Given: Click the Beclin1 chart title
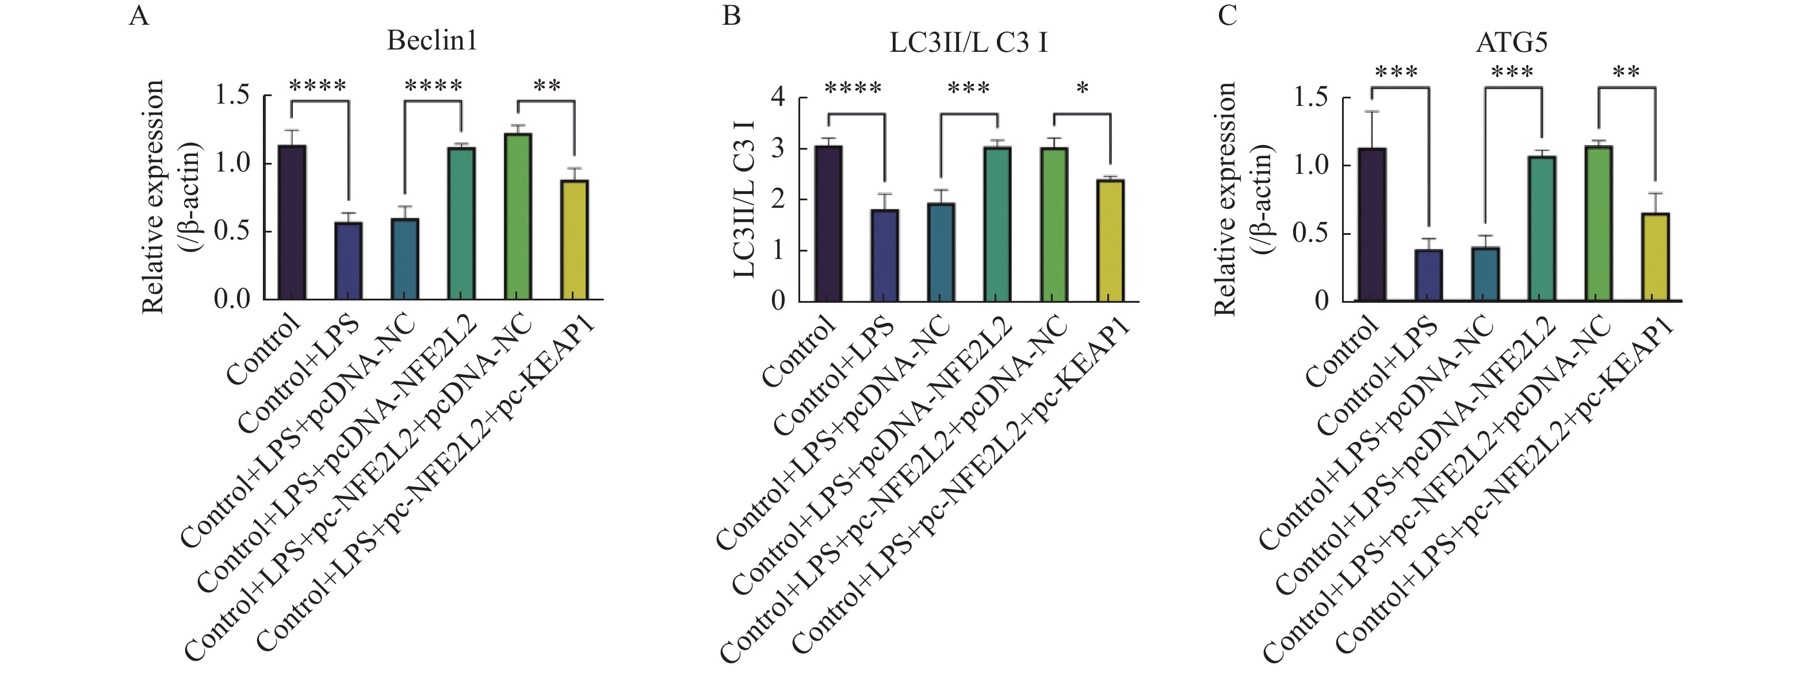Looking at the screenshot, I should [x=432, y=40].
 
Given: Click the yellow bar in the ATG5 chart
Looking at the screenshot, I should [x=1654, y=257].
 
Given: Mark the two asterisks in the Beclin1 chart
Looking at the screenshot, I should [x=546, y=86].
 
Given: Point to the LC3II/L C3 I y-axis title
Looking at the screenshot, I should [x=744, y=199].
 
